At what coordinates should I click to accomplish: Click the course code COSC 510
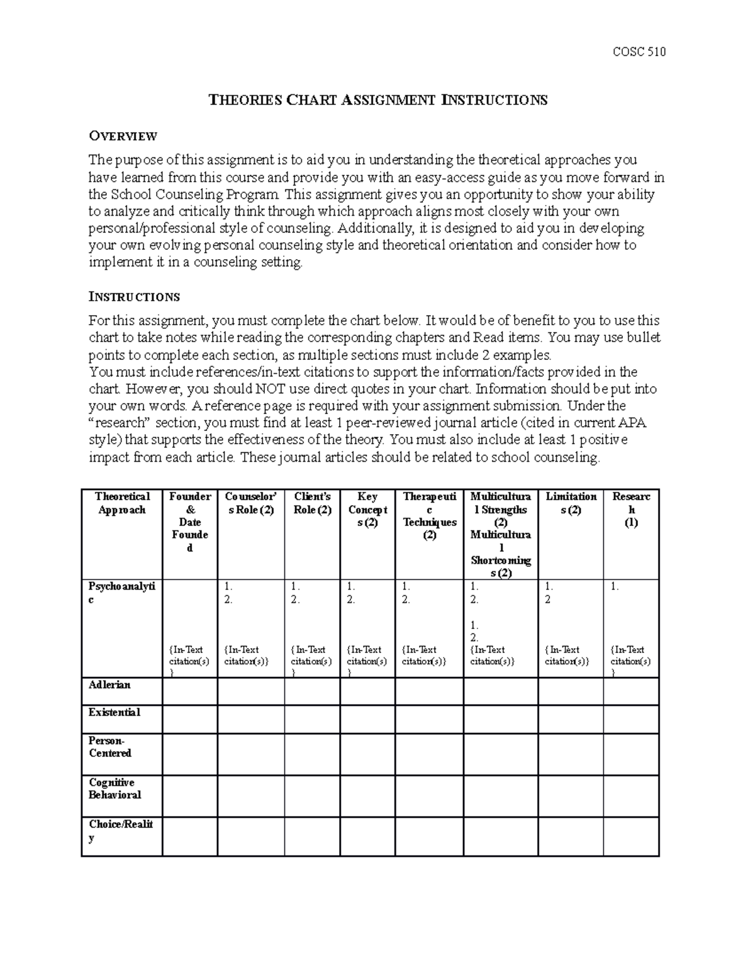639,52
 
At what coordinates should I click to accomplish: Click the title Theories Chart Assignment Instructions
377,100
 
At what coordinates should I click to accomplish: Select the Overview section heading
123,136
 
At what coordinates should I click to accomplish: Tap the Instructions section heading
134,297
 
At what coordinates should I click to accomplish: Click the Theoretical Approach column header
122,503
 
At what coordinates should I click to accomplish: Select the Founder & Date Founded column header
190,522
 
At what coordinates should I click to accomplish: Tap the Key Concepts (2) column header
367,510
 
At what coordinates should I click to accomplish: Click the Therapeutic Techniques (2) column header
429,516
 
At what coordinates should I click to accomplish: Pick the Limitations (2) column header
571,503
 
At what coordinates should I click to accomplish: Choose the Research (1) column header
631,510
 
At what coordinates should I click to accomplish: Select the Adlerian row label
109,685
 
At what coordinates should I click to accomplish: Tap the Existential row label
114,713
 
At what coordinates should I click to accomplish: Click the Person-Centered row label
110,747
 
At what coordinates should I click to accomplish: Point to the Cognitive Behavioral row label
115,789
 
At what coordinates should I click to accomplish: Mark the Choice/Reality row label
121,830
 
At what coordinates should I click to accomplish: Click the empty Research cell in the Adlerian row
631,691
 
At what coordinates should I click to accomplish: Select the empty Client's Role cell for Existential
312,719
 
